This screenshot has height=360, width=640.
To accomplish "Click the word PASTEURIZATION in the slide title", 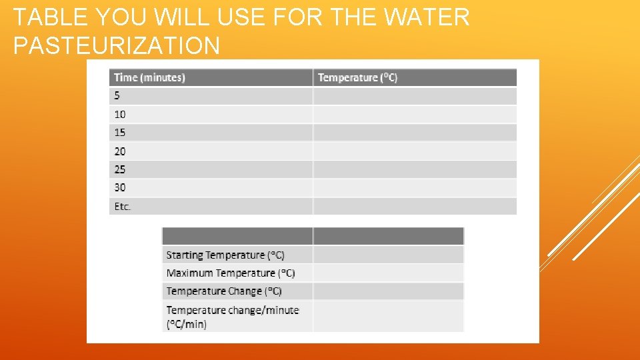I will (x=117, y=45).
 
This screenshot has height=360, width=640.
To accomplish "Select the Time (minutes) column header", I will (x=149, y=78).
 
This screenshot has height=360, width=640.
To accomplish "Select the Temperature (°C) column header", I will (x=357, y=78).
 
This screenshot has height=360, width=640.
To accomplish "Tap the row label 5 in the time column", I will (x=117, y=96).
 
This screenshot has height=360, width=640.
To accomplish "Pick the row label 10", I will (x=120, y=115).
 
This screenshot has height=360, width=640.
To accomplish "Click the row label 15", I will (x=120, y=133).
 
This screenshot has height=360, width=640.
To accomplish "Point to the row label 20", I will (x=120, y=151).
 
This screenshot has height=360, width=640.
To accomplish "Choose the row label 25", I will (x=120, y=169).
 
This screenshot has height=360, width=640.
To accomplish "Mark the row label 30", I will (x=120, y=188).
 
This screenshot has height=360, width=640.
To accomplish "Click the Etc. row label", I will (x=123, y=207).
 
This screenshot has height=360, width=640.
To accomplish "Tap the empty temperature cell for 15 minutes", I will (x=415, y=133).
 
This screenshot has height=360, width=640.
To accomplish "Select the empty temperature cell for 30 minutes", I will (x=415, y=188).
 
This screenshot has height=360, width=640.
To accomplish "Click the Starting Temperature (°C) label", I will (x=225, y=255).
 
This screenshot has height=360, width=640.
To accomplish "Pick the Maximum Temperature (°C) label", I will (x=231, y=273).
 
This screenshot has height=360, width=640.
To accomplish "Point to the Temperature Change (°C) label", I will (x=224, y=291).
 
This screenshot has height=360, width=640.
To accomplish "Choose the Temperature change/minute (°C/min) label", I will (x=233, y=317).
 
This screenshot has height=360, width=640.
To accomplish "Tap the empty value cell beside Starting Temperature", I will (x=388, y=255).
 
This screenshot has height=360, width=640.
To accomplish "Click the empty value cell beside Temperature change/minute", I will (x=388, y=317).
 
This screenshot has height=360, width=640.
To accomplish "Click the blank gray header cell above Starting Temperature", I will (x=237, y=236).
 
